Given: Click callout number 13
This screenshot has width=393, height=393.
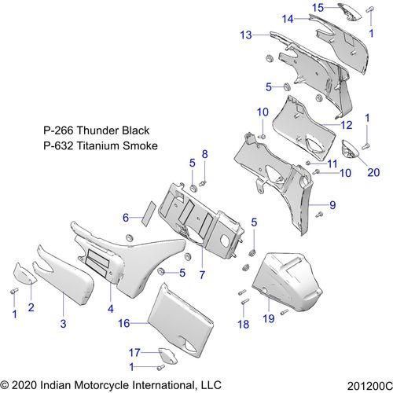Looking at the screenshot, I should tap(246, 35).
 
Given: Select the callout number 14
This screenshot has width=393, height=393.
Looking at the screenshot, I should tap(288, 18).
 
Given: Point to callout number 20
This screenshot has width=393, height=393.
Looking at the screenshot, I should tap(373, 172).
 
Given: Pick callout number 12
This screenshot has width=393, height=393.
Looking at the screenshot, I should tap(346, 124).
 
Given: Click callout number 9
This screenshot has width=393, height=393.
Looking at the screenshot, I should tap(332, 205).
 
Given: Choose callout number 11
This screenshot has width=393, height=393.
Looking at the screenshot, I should tap(332, 163).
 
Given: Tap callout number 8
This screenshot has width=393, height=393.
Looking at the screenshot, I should tap(205, 153).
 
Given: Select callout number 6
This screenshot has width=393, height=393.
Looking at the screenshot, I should tap(126, 216).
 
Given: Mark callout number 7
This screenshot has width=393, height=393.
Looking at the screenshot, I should tap(202, 275).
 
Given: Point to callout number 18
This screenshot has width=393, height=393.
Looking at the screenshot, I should tap(243, 323).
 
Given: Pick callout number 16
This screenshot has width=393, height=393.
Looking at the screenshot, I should tap(123, 321).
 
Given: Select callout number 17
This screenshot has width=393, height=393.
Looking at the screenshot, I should tap(134, 352).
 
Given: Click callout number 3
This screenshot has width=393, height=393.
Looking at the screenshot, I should tap(64, 321).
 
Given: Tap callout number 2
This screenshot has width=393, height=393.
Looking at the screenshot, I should tap(32, 307).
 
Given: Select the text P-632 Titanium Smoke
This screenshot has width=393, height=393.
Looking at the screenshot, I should tap(101, 145).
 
